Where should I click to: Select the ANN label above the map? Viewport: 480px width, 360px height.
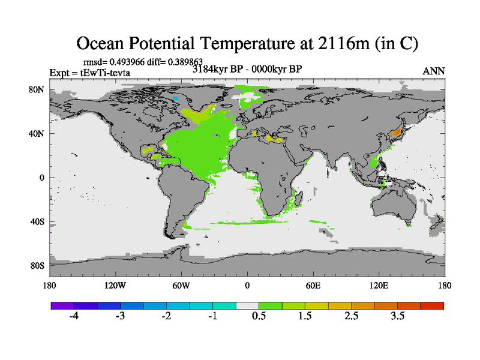point(434,71)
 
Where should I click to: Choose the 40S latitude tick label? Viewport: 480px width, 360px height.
point(38,222)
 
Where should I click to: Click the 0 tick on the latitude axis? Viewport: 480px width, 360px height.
point(42,178)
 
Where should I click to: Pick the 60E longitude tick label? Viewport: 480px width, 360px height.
point(313,285)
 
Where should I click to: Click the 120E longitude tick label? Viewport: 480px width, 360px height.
point(379,285)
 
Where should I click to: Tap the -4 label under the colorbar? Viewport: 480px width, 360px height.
point(74,316)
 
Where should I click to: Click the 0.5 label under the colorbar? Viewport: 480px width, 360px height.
point(259,316)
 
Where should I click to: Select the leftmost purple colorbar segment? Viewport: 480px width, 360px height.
point(62,305)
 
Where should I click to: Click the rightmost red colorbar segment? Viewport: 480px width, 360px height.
point(432,305)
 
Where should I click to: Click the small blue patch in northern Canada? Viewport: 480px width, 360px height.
point(175,98)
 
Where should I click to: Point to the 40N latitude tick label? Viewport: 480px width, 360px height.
point(37,134)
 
